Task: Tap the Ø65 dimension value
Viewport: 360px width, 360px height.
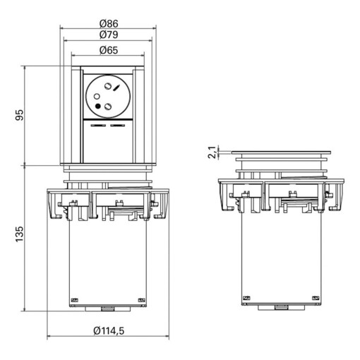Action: tap(108, 50)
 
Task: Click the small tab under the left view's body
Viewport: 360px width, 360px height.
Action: tap(108, 308)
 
